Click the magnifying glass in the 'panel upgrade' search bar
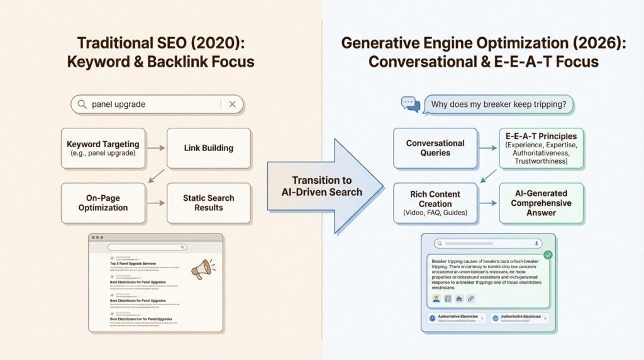(82, 104)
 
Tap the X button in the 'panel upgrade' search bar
(232, 104)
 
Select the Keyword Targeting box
(101, 149)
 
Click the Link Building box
(208, 149)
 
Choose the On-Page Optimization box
(103, 203)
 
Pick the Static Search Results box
(208, 203)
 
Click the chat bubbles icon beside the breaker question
(411, 104)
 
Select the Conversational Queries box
(435, 149)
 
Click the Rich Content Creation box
(435, 203)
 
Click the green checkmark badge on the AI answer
(548, 254)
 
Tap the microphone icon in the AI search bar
(536, 244)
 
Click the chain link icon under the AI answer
(470, 298)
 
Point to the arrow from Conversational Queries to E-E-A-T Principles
(488, 149)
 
